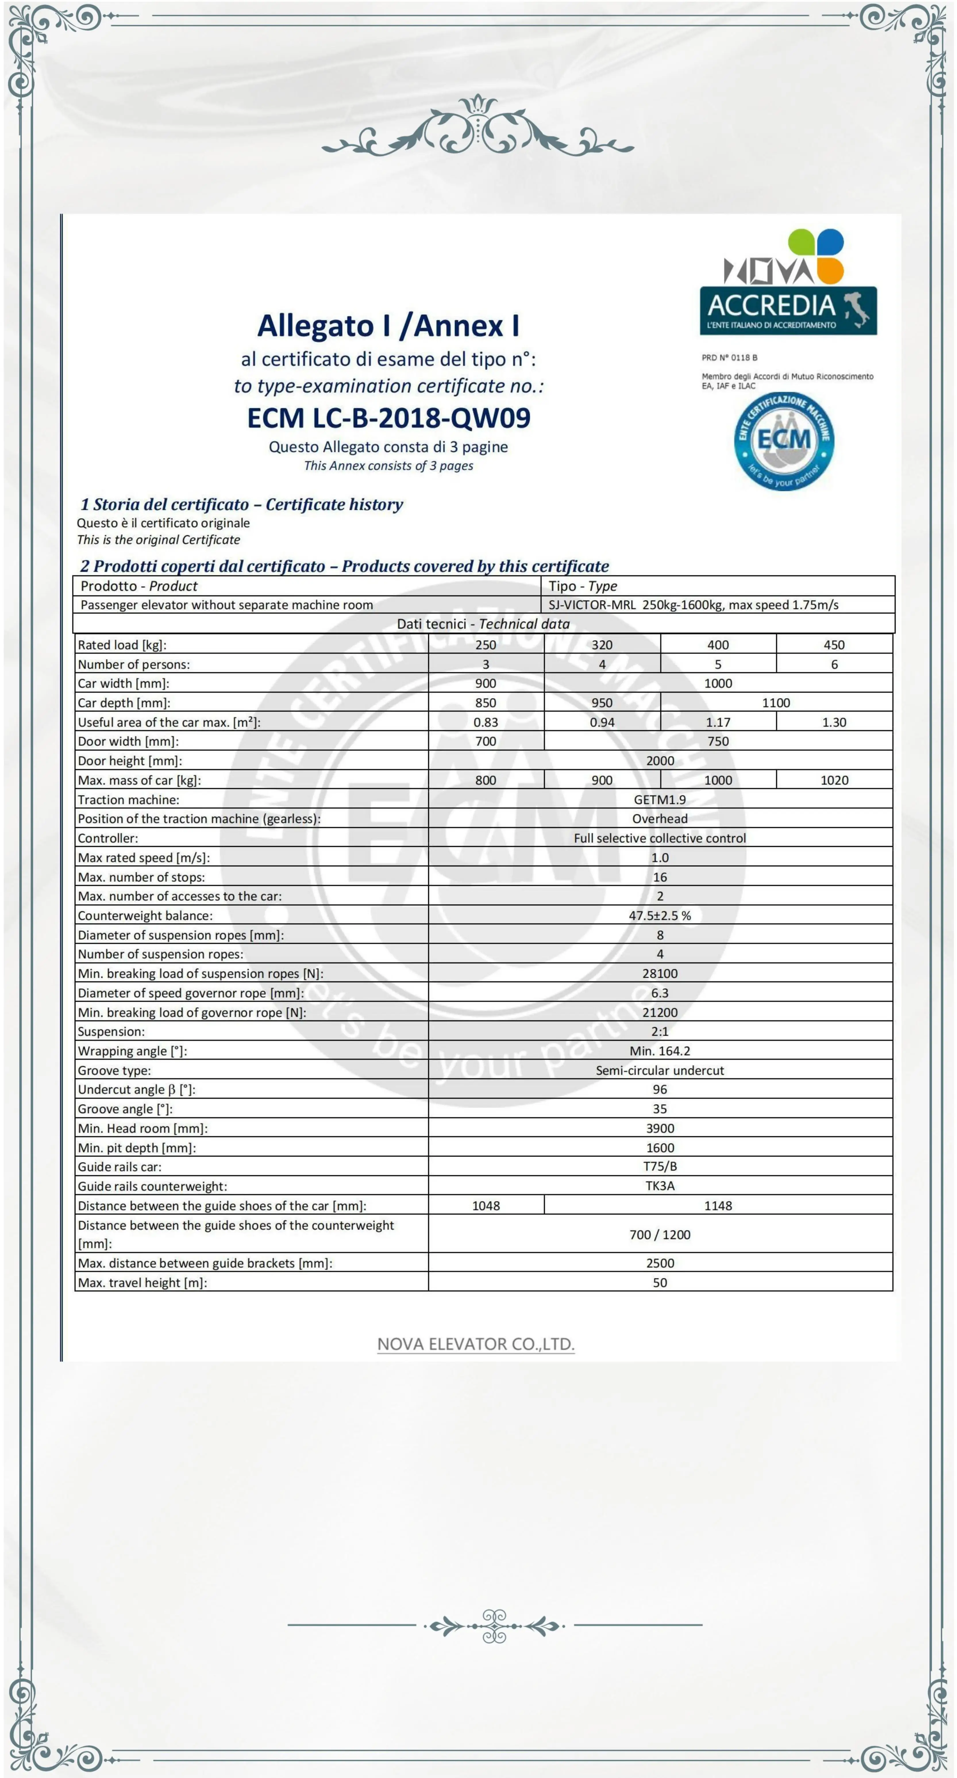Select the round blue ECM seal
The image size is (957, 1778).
[x=784, y=440]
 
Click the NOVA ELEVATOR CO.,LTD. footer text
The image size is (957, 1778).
[x=475, y=1344]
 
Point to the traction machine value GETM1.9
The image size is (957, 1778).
[x=660, y=799]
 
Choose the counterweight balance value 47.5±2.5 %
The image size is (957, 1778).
[x=660, y=915]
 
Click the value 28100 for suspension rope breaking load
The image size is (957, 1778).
[x=660, y=973]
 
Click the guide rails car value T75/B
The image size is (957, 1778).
[x=660, y=1166]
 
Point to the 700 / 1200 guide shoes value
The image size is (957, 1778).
[x=660, y=1234]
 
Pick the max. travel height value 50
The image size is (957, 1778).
[x=660, y=1283]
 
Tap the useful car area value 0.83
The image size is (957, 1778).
[x=486, y=722]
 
